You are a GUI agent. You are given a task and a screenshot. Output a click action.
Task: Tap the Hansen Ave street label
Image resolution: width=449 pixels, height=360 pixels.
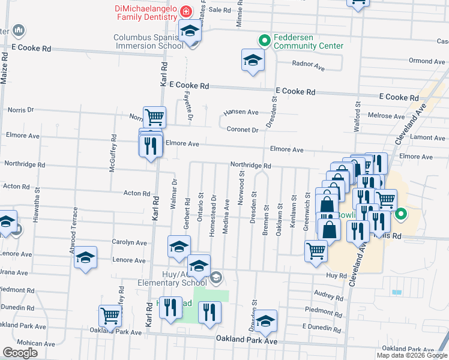pos(241,112)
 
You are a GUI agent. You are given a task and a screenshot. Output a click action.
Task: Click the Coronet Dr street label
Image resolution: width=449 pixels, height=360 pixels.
pos(243,129)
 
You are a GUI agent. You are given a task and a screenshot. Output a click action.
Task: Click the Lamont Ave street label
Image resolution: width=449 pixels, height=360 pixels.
pos(427,137)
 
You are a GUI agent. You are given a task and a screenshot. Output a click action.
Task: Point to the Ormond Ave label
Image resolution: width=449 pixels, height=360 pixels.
pos(427,61)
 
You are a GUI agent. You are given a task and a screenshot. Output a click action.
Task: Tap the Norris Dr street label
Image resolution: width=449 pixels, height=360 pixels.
pos(21,110)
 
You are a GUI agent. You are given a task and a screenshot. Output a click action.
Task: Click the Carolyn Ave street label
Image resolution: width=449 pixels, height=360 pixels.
pos(129,243)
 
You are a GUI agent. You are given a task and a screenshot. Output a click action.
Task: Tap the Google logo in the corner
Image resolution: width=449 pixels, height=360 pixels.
pos(20,353)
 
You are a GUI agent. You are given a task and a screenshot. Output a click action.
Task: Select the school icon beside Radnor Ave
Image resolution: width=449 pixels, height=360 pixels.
pos(253,59)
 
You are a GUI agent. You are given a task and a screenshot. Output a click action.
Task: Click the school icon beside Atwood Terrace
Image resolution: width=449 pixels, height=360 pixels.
pos(85,257)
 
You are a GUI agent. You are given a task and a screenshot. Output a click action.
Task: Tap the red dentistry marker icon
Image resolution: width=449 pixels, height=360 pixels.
pos(186,11)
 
